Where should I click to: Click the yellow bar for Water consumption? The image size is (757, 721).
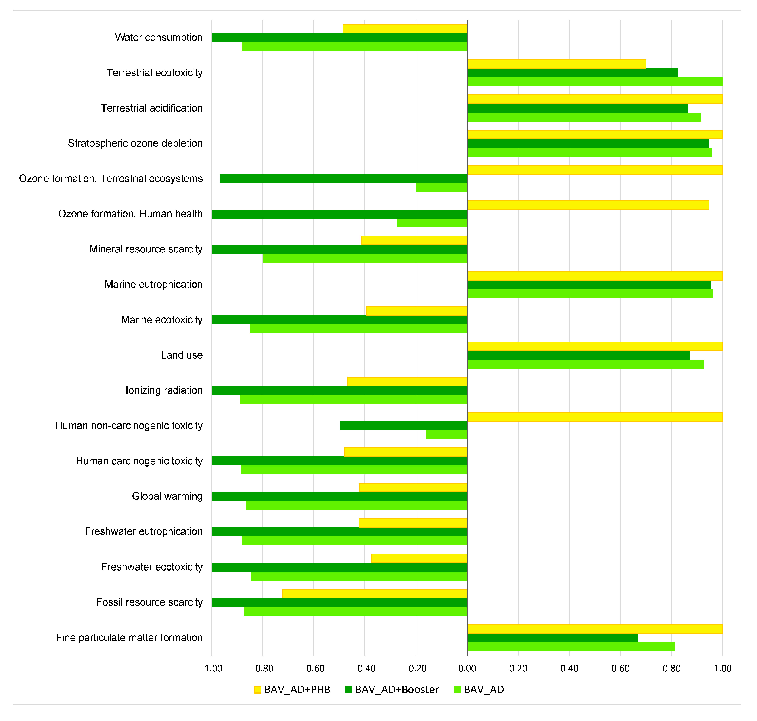pyautogui.click(x=405, y=29)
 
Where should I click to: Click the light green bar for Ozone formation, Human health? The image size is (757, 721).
pyautogui.click(x=432, y=223)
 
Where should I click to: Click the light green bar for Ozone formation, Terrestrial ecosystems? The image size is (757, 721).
pyautogui.click(x=441, y=188)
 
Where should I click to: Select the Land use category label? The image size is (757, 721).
pyautogui.click(x=182, y=355)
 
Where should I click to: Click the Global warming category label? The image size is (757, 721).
pyautogui.click(x=167, y=496)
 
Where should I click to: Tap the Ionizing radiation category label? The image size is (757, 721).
pyautogui.click(x=164, y=390)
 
